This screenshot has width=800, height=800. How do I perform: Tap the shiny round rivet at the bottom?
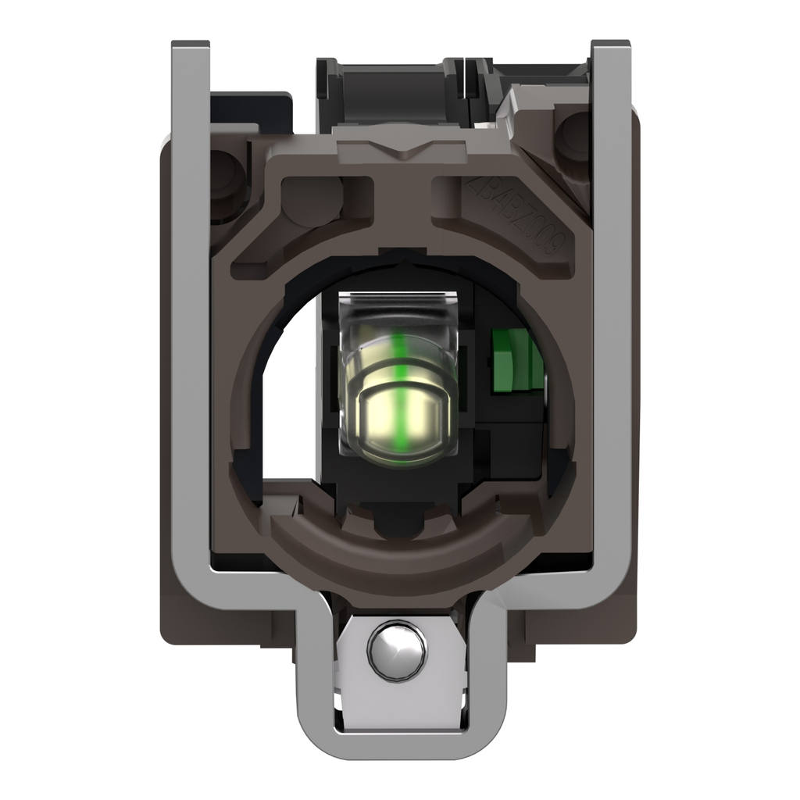tap(398, 650)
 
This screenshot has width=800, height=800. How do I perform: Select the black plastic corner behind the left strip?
tap(250, 105)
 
